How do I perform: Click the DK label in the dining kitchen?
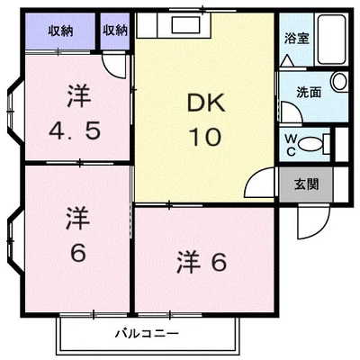(x=204, y=104)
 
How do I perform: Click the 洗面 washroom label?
(x=310, y=91)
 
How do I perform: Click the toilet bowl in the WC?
(x=312, y=142)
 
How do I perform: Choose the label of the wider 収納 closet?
(x=59, y=31)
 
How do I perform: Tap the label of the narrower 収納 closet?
(x=114, y=31)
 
